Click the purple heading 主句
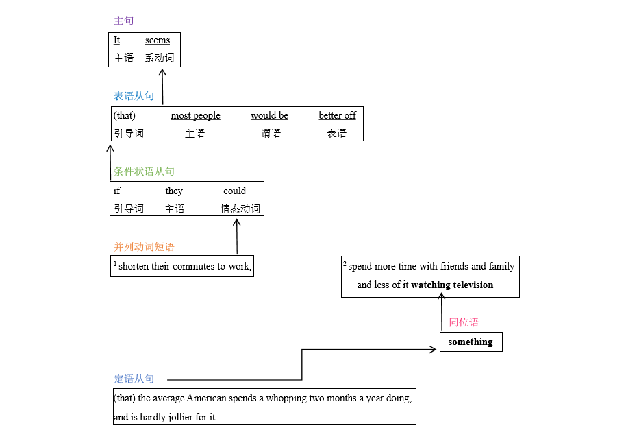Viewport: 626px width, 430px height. point(124,21)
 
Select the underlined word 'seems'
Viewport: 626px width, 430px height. point(158,40)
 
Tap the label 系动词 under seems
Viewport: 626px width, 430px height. point(160,58)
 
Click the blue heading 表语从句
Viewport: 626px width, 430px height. point(134,96)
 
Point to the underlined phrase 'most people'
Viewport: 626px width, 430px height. point(195,115)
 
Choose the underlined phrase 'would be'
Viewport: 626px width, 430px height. point(269,115)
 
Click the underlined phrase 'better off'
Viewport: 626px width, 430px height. point(337,115)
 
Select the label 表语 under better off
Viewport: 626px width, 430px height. point(336,134)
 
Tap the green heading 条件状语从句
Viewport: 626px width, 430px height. point(144,171)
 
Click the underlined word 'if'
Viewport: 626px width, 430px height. point(116,191)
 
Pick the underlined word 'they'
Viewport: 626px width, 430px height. point(174,191)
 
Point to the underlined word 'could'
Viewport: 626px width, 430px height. point(234,191)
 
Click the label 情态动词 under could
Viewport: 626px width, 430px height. point(240,209)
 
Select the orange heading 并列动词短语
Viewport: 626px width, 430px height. point(144,247)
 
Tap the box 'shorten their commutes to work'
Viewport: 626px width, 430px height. point(182,266)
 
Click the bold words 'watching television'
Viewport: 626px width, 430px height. point(452,285)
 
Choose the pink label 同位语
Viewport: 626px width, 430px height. point(464,322)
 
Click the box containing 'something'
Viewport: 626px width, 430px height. point(471,342)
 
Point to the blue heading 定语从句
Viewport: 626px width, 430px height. point(134,379)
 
